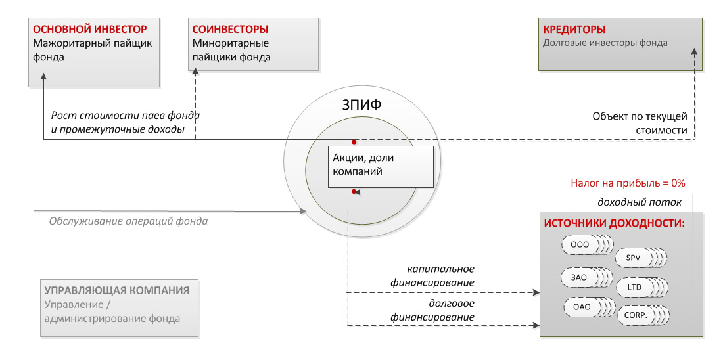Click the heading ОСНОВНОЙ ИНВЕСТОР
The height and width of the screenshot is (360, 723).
[x=89, y=30]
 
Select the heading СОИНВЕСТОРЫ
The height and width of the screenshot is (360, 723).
[x=230, y=30]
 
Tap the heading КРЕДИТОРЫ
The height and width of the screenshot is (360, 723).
[x=574, y=30]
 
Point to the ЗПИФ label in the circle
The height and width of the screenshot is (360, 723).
[x=360, y=104]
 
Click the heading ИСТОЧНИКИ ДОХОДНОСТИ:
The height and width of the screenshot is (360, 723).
[x=614, y=223]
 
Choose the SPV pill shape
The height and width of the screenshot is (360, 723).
[x=634, y=258]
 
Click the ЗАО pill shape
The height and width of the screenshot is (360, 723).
[x=580, y=277]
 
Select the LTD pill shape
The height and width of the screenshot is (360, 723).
[x=635, y=288]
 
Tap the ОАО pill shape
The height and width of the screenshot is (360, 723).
[x=582, y=307]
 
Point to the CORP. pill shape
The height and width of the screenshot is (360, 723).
[x=636, y=315]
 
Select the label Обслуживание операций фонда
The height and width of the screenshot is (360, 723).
[x=129, y=221]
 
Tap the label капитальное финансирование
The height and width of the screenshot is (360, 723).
[x=441, y=276]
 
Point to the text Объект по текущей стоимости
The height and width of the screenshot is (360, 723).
[x=639, y=124]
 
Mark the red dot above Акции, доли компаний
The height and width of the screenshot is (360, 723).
[x=354, y=141]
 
